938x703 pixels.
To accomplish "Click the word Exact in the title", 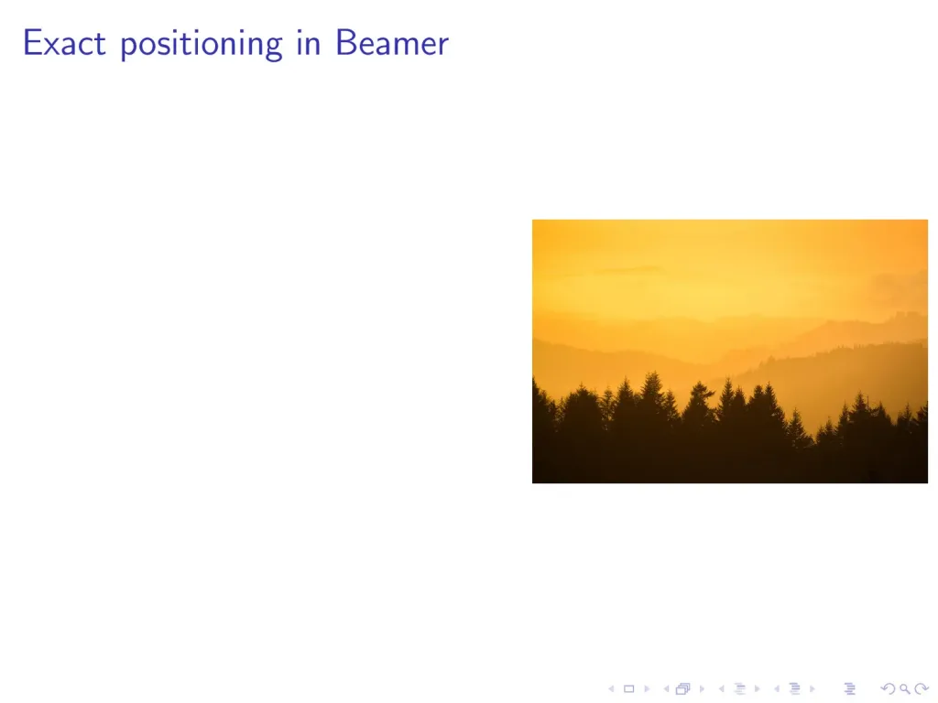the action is pos(65,43).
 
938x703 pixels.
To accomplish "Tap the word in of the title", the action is pos(309,43).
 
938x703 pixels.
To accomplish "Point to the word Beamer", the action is pos(392,43).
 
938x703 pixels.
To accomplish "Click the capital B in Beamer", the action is pos(345,43).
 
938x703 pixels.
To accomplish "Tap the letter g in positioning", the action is pos(271,49).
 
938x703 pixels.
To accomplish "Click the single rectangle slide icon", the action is pos(628,688).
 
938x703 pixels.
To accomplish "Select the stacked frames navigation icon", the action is pos(683,688).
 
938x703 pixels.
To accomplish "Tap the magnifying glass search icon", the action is pos(904,688).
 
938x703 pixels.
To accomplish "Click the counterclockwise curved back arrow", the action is pos(889,688).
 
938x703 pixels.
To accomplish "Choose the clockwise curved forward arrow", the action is pos(922,688).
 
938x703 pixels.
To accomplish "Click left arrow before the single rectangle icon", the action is pos(611,688).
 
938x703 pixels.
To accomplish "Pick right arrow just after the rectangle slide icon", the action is pos(647,688).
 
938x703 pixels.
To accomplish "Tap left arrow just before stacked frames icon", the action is pos(666,688).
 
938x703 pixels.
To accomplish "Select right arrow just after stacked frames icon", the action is pos(702,688).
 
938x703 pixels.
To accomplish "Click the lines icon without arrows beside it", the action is pos(849,688).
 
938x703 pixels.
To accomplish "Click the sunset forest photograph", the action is pos(730,351).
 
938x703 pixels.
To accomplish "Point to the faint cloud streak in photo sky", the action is pos(628,270).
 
